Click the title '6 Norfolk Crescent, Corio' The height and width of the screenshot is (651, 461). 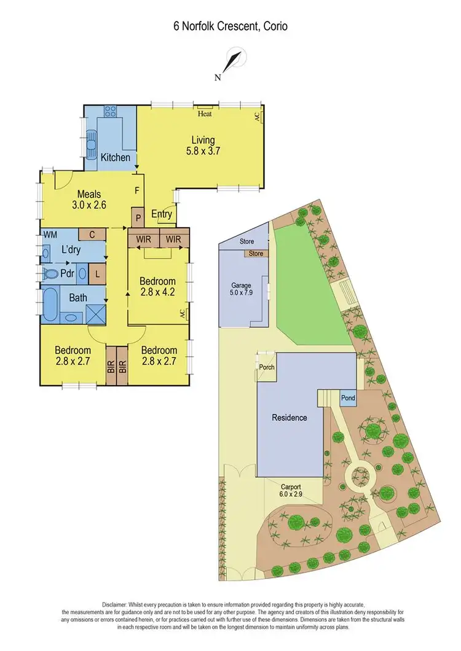click(230, 26)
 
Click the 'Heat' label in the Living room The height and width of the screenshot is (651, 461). click(205, 114)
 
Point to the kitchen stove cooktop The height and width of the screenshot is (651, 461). click(111, 112)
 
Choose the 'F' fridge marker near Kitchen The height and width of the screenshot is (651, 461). click(136, 190)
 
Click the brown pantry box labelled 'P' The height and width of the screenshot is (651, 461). click(137, 217)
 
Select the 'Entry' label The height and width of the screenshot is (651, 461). click(162, 214)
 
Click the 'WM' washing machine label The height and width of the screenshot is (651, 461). click(50, 235)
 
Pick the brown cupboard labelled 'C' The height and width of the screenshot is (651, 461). click(92, 234)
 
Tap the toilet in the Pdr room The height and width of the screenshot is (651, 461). click(50, 273)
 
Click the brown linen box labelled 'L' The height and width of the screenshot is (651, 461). click(97, 273)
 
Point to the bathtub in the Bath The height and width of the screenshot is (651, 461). click(50, 305)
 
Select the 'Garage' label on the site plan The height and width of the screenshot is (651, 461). click(240, 285)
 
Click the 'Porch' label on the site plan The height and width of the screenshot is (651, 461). click(267, 368)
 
